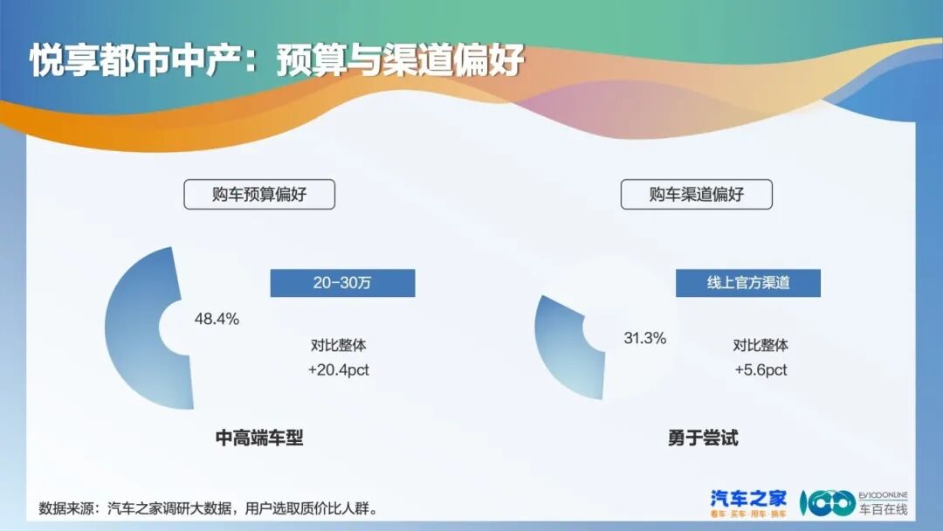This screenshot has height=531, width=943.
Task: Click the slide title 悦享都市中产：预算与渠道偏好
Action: (x=277, y=61)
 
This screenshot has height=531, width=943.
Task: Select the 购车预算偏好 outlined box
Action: (x=259, y=195)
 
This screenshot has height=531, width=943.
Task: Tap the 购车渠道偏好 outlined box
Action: (x=696, y=195)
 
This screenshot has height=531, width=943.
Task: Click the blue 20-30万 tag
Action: (x=342, y=283)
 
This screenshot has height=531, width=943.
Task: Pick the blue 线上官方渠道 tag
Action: (x=747, y=283)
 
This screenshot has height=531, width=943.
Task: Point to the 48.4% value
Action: (x=217, y=319)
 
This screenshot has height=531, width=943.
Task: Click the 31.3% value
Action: (x=645, y=338)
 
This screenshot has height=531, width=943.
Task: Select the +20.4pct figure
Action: (x=338, y=370)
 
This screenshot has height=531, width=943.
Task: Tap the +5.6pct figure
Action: (x=761, y=370)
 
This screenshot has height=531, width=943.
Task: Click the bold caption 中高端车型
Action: (x=259, y=438)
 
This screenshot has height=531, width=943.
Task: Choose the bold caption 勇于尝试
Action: (x=702, y=438)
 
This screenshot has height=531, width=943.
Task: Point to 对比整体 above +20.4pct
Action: (x=338, y=345)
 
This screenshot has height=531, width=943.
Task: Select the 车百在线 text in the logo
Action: (x=883, y=509)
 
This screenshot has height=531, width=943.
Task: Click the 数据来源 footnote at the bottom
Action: (x=210, y=508)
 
